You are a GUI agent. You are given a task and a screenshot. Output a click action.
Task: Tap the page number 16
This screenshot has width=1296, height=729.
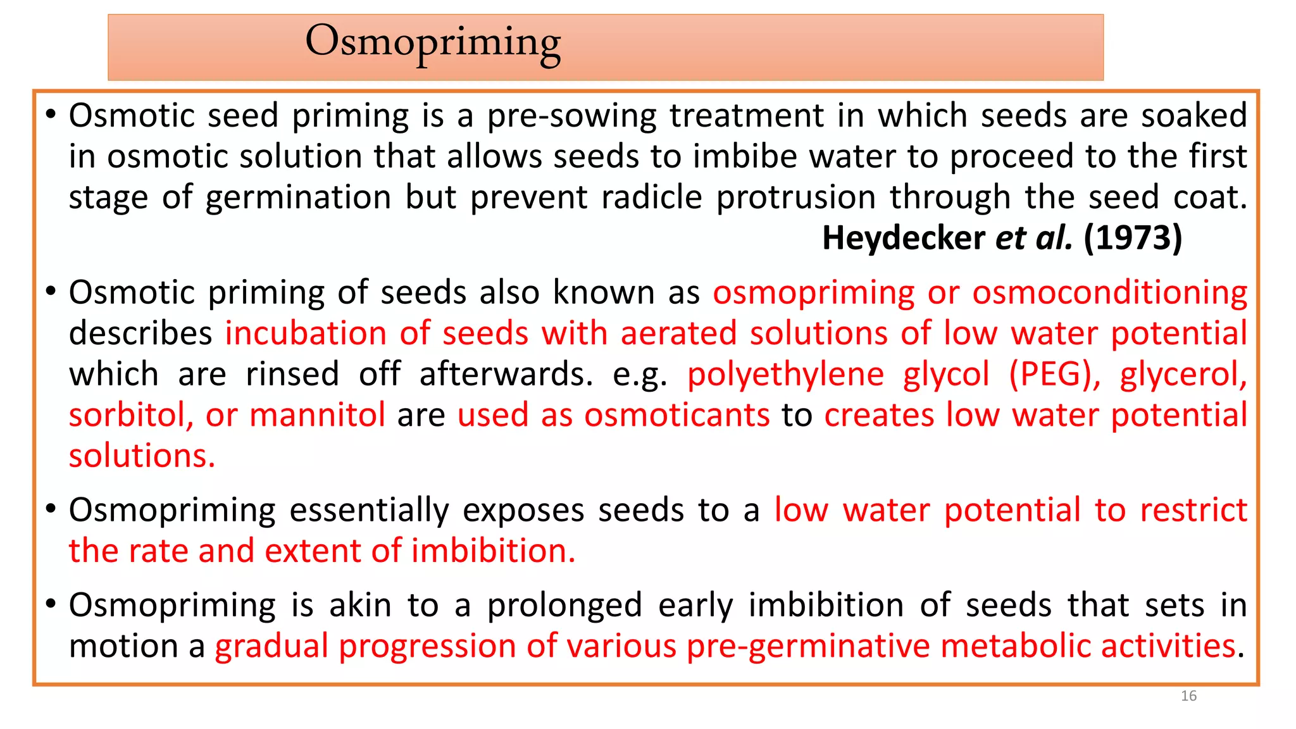(1188, 696)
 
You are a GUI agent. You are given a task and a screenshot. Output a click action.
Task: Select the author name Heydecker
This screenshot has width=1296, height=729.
(903, 239)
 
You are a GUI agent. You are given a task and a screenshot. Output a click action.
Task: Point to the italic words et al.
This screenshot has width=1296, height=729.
(1033, 239)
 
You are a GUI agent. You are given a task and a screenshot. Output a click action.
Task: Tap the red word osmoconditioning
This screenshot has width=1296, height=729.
(1109, 293)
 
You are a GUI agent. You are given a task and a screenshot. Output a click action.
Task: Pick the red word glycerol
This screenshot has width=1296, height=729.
(1183, 375)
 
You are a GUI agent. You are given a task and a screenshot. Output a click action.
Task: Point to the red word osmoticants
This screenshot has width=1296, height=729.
(676, 416)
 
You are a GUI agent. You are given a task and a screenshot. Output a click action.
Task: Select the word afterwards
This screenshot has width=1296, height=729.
(506, 375)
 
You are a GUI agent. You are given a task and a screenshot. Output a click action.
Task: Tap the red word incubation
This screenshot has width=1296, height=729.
(306, 333)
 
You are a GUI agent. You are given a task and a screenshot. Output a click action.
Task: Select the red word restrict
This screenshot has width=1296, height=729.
(1193, 511)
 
